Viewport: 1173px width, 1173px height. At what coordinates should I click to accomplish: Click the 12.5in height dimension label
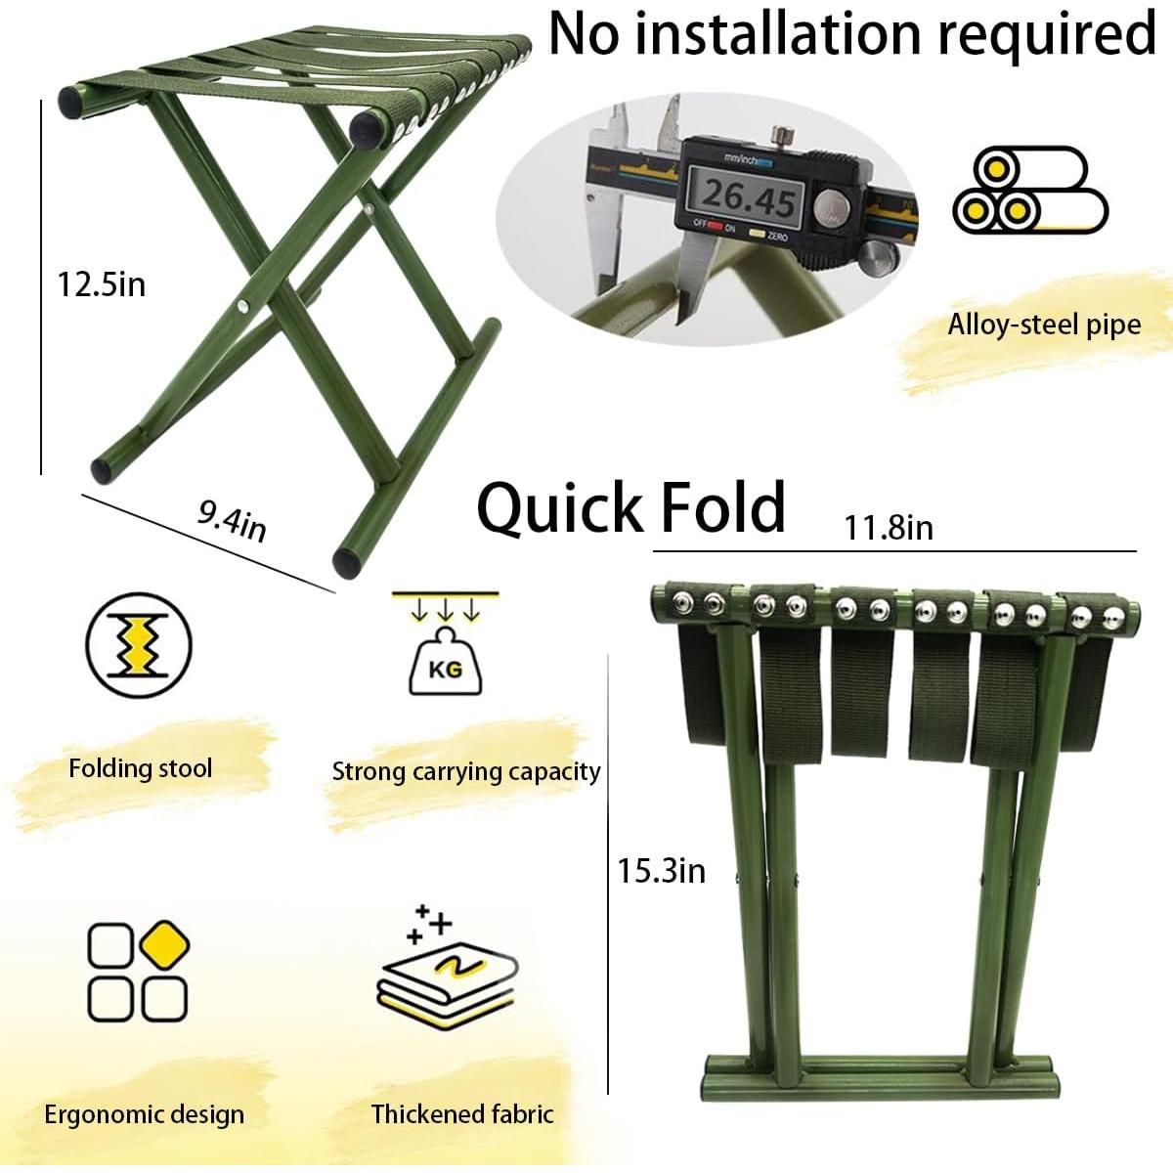click(x=102, y=284)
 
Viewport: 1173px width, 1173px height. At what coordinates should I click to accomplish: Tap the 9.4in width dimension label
click(x=232, y=520)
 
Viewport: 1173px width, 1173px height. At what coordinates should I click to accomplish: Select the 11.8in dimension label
click(x=889, y=529)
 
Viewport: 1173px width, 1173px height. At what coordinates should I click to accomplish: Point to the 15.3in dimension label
click(x=661, y=870)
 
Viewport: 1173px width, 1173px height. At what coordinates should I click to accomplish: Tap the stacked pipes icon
click(x=1029, y=190)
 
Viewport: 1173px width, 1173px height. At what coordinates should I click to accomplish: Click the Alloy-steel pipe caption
click(x=1044, y=325)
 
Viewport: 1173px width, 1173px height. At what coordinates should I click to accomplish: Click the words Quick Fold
click(x=630, y=507)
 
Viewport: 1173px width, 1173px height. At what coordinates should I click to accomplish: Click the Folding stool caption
click(x=140, y=768)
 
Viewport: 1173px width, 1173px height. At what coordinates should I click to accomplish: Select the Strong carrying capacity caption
click(x=466, y=771)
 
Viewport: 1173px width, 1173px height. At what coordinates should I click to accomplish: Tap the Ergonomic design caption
click(x=144, y=1114)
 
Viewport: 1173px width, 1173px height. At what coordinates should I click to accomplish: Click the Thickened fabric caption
click(x=462, y=1113)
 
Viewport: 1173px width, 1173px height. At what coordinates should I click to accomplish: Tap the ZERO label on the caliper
click(x=778, y=237)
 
